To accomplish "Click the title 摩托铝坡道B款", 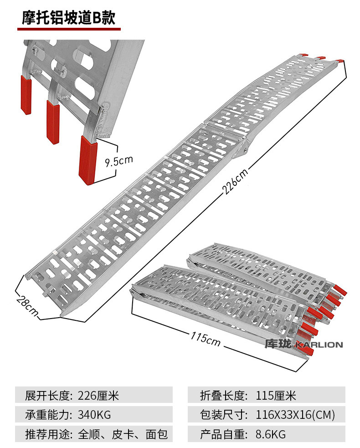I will [68, 18].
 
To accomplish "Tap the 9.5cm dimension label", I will [118, 160].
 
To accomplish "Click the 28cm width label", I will [26, 305].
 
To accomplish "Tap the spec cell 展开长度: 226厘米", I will [94, 395].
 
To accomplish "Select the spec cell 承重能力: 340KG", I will [94, 415].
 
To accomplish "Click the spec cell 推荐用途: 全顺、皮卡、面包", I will [94, 434].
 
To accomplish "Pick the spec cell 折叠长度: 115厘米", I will [266, 395].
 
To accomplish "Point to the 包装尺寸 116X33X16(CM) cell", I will [266, 415].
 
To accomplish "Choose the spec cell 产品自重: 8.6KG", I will [266, 434].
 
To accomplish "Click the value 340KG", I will [94, 415].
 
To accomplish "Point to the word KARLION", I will [319, 345].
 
